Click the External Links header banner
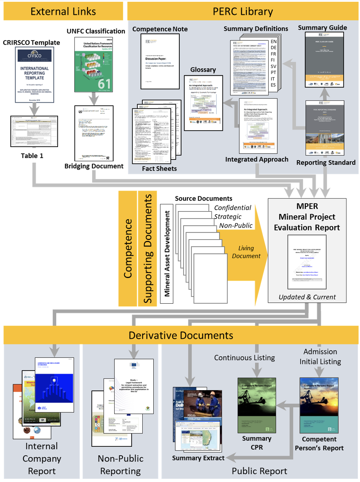63,11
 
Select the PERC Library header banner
243,11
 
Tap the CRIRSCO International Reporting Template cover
34,75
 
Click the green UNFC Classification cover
94,64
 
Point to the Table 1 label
32,156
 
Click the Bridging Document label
94,166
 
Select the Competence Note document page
160,61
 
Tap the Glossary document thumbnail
204,103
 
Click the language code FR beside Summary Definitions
274,54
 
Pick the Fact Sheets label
159,169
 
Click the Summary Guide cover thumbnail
324,59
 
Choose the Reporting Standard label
326,163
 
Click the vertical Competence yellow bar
128,248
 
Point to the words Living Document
246,252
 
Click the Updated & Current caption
307,297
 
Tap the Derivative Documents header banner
181,335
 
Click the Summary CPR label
257,443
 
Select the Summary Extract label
198,458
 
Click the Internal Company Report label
42,458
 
